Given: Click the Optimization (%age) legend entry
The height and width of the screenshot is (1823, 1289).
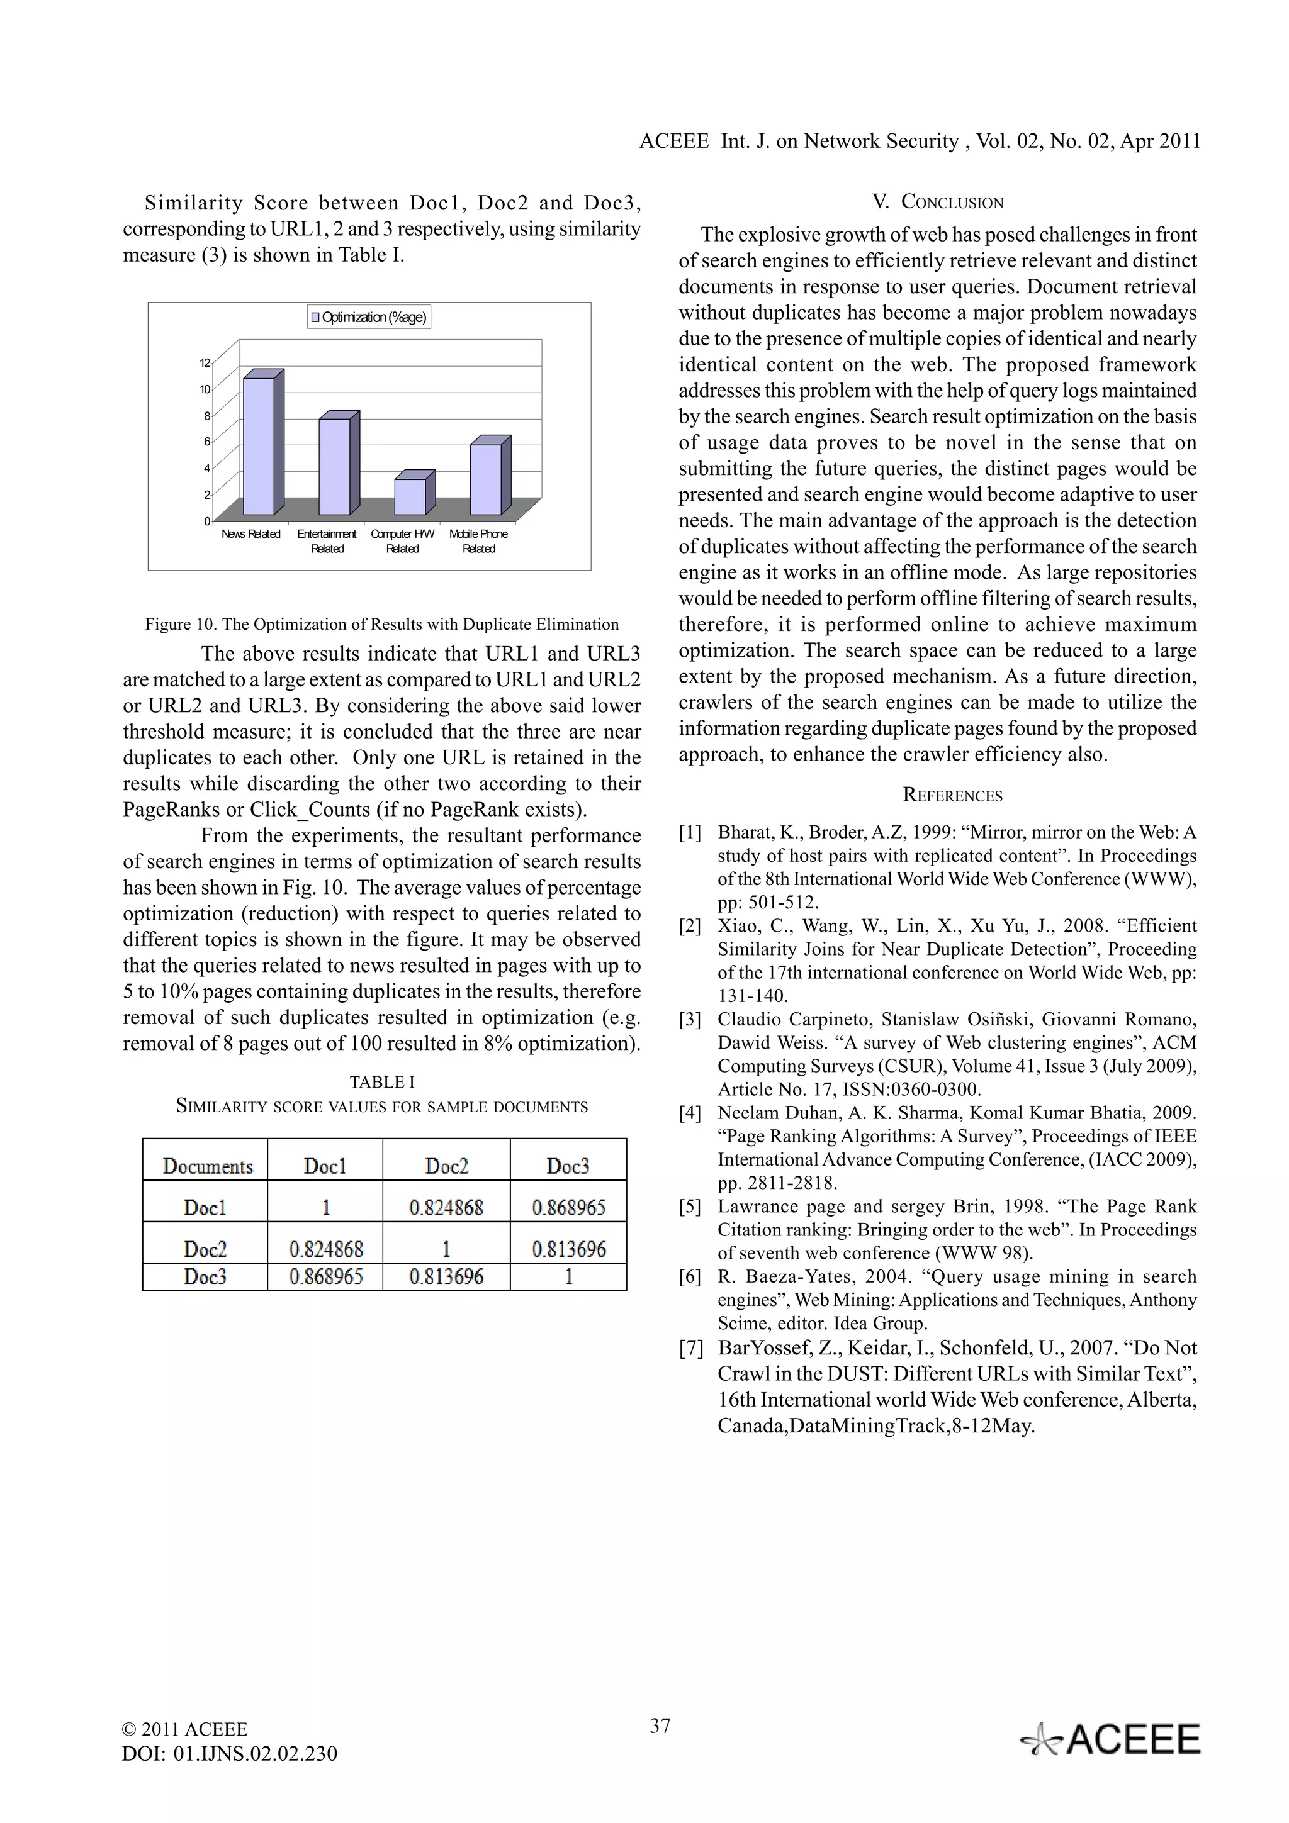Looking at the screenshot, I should pyautogui.click(x=369, y=318).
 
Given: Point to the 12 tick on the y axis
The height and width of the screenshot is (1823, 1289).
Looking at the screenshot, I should pyautogui.click(x=205, y=363).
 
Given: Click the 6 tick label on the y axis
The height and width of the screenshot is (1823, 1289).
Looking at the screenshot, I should pyautogui.click(x=206, y=442).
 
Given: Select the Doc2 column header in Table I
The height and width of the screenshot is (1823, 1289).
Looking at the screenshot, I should pyautogui.click(x=446, y=1166).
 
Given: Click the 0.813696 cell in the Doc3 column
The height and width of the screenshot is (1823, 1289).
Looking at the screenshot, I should pyautogui.click(x=568, y=1249).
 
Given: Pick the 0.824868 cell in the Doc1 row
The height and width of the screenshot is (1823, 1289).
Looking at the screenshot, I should pyautogui.click(x=446, y=1208).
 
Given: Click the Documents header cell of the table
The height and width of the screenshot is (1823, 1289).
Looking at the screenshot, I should pyautogui.click(x=207, y=1166).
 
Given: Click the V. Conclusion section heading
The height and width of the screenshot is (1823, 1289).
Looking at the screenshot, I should pyautogui.click(x=937, y=202).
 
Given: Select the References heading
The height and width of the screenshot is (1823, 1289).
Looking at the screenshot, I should pyautogui.click(x=952, y=796).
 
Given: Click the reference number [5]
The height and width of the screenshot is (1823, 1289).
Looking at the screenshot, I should pyautogui.click(x=689, y=1207).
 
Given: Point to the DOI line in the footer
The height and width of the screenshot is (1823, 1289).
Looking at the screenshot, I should pyautogui.click(x=230, y=1753).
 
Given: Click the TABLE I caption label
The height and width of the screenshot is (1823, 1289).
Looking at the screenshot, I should pyautogui.click(x=382, y=1082).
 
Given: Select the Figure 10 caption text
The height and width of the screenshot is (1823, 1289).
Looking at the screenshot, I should pyautogui.click(x=381, y=624).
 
